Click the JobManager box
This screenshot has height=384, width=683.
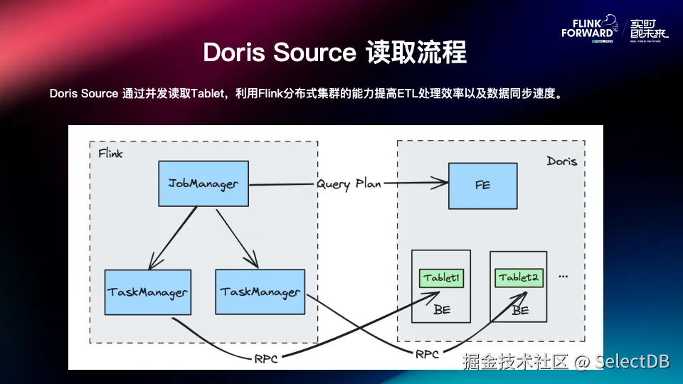[x=203, y=184]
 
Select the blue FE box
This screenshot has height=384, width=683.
[x=482, y=185]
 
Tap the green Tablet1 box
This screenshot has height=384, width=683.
[x=442, y=277]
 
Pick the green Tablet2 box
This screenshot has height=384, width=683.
[x=518, y=277]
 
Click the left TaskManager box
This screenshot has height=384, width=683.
[x=148, y=292]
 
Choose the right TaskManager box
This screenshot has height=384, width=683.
[x=260, y=292]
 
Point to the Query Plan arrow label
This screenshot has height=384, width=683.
[x=349, y=183]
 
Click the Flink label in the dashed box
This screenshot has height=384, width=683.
[x=110, y=154]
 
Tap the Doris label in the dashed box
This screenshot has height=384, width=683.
[x=561, y=161]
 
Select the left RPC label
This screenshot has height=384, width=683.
[x=265, y=359]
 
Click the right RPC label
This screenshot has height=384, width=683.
[x=427, y=353]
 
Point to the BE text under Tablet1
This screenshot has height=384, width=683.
[x=442, y=310]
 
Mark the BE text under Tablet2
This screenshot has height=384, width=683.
[x=520, y=310]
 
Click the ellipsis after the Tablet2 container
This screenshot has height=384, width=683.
[x=563, y=275]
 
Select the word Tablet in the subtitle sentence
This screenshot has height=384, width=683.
[x=207, y=94]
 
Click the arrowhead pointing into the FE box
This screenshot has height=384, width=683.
[x=442, y=185]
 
